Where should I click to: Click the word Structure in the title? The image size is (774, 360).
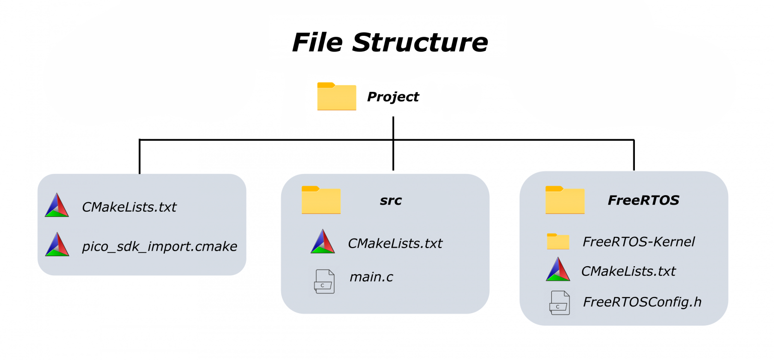pos(420,42)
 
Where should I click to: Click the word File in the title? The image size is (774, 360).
pos(317,42)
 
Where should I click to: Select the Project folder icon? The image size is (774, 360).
pos(337,96)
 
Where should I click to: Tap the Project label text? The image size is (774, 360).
pos(393,97)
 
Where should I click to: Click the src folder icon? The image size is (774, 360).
pos(321,200)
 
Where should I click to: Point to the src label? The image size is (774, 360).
pos(391,201)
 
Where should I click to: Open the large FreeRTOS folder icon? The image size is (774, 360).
pos(565,200)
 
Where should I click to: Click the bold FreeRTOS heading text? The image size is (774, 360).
pos(643,200)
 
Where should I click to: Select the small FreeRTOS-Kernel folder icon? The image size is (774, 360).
pos(558,242)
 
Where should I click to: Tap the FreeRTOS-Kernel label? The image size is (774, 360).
pos(638,242)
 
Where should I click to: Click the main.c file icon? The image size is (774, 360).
pos(324,281)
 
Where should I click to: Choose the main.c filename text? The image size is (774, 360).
pos(371,277)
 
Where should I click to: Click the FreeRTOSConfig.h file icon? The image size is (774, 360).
pos(559,303)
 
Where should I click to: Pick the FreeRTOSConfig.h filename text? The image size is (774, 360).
pos(642,302)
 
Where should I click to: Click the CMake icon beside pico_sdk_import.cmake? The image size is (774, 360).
pos(57,244)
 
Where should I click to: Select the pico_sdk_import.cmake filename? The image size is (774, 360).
pos(159,247)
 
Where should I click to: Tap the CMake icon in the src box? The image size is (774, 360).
pos(322,242)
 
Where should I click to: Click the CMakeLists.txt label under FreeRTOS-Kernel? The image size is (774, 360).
pos(628,271)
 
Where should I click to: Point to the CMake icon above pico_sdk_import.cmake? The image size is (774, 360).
pos(57,205)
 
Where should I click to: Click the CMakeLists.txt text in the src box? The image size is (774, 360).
pos(395,244)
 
